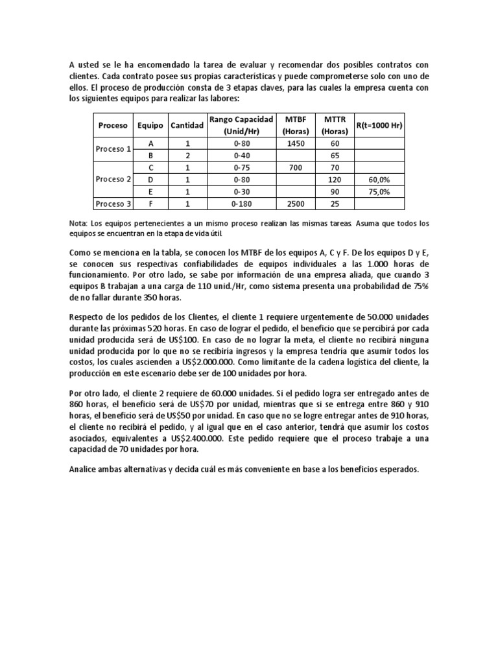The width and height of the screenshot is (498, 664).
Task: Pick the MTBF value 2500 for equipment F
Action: (x=295, y=204)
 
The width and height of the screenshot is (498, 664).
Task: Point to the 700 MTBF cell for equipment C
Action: (x=295, y=167)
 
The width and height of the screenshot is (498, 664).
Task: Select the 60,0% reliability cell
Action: (x=379, y=180)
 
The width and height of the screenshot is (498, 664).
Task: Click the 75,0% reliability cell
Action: (x=379, y=192)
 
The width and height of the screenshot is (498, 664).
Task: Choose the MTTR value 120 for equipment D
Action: (x=335, y=180)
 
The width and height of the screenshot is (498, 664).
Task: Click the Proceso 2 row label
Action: (x=113, y=180)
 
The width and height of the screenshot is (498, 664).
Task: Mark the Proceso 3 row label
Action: (x=113, y=204)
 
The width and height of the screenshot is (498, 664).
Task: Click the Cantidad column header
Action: (x=186, y=125)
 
